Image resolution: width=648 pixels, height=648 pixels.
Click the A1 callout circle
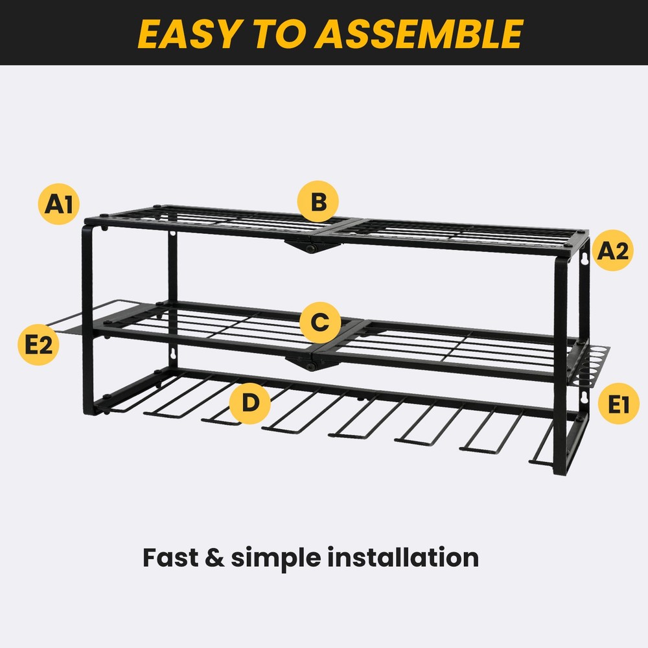(x=58, y=205)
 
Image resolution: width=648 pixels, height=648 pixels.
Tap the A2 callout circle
(x=613, y=250)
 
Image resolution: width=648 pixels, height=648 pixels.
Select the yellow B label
(x=318, y=203)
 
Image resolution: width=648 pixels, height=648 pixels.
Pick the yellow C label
(x=319, y=322)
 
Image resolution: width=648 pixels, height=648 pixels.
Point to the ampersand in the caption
(x=214, y=557)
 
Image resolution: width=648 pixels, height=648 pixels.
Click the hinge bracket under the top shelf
(x=307, y=245)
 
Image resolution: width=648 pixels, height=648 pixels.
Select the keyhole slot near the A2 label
(x=584, y=259)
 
